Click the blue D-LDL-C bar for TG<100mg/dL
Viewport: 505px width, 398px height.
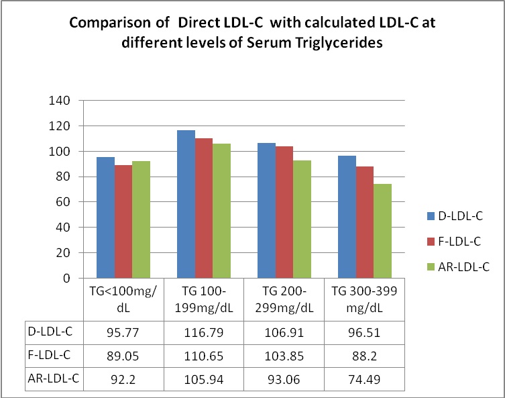[105, 217]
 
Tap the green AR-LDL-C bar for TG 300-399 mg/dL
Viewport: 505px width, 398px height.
[382, 231]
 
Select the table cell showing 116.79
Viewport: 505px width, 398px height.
[204, 331]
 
